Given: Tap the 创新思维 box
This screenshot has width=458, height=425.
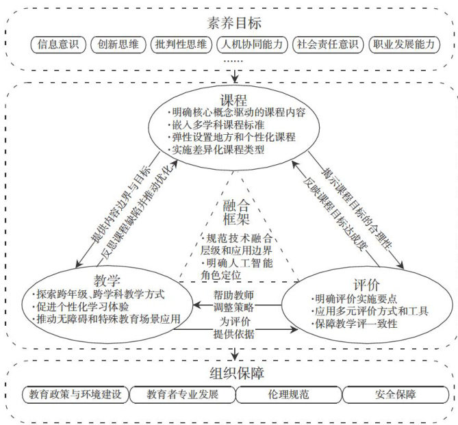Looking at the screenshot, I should [x=118, y=46].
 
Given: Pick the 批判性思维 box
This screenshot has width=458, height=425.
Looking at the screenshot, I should [x=179, y=46].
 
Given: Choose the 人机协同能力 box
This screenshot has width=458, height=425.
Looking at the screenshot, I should [x=251, y=46].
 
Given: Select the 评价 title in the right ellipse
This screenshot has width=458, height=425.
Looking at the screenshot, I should [x=364, y=283].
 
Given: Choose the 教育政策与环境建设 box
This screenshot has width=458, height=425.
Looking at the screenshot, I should [x=75, y=395].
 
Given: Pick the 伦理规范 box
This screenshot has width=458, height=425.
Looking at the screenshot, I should [x=288, y=395].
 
